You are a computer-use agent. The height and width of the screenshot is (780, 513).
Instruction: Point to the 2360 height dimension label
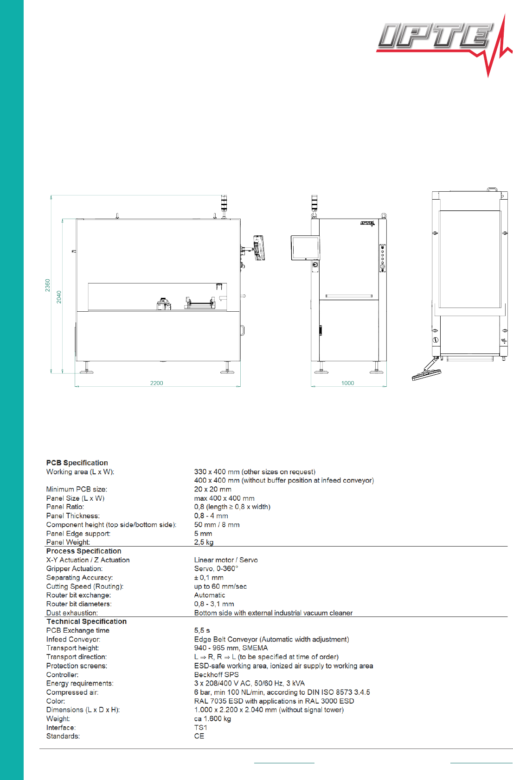48,285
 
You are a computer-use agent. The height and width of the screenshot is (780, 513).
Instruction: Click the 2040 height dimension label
59,297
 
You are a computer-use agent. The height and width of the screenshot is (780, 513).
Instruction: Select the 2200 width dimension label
156,383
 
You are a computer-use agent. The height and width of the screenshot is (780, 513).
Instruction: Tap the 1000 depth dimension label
347,383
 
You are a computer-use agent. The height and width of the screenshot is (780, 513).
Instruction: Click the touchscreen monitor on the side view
305,248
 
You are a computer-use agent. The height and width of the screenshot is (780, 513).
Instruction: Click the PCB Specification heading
77,463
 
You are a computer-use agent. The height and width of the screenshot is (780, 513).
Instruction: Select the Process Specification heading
83,551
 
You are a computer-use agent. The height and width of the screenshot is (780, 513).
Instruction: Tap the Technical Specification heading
86,622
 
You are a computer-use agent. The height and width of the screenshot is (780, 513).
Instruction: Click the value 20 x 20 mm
212,489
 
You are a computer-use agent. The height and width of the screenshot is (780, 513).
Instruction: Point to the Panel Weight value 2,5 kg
204,542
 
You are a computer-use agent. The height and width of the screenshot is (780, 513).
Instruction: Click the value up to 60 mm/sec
220,586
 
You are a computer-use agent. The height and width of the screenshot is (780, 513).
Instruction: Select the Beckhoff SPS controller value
216,675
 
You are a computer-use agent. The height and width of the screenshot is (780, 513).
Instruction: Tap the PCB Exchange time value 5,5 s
202,630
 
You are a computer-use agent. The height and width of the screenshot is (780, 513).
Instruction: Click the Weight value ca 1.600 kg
212,719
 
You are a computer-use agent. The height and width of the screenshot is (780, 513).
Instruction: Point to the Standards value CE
199,736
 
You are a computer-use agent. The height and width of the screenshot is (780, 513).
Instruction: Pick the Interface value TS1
200,728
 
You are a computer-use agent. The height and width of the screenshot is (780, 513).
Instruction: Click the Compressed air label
72,692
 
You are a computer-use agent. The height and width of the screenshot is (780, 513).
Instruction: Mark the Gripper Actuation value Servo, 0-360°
216,569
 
